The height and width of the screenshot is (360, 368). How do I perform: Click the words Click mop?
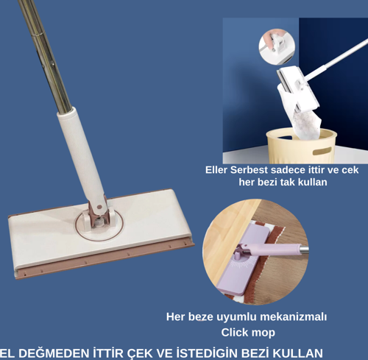248,332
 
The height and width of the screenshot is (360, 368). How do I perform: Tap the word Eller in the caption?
218,169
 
